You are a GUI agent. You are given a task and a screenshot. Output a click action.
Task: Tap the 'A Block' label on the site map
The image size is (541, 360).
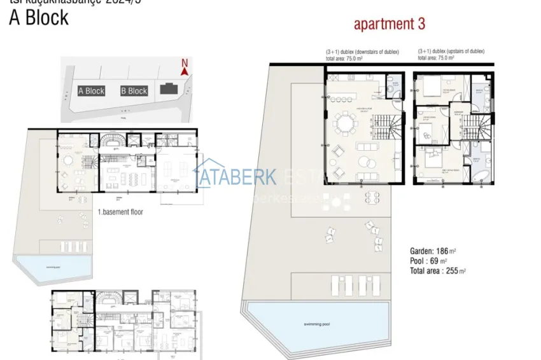point(91,91)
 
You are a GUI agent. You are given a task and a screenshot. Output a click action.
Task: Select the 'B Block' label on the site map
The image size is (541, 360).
point(134,91)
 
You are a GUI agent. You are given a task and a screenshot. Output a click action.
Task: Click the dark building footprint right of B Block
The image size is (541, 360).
point(169,90)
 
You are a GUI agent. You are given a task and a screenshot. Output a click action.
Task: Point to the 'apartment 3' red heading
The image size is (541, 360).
point(390,25)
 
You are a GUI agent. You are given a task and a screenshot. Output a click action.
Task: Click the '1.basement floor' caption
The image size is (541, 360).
point(120,212)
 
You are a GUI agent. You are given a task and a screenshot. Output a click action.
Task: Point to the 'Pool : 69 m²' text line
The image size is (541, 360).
point(428,261)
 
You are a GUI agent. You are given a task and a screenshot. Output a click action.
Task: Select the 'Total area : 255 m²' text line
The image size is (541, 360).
point(438,271)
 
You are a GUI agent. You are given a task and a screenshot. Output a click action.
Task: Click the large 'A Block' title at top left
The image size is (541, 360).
point(39,18)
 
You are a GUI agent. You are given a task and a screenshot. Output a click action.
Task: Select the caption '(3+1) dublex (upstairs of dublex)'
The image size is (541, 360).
point(451,52)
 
